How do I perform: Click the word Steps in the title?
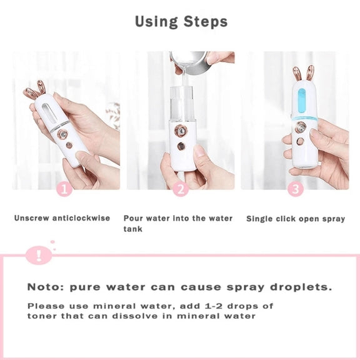[x=206, y=22]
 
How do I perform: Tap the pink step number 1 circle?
[x=64, y=189]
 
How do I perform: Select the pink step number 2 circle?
[x=181, y=189]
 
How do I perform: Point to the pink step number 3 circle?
[x=296, y=189]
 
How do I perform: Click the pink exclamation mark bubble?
[x=39, y=255]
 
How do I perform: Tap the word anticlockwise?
[x=81, y=218]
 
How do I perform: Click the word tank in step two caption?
[x=132, y=229]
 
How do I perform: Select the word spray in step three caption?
[x=334, y=219]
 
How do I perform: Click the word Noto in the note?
[x=46, y=287]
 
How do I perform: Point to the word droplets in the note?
[x=301, y=287]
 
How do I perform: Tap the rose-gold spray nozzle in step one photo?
[x=62, y=133]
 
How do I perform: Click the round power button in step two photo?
[x=181, y=146]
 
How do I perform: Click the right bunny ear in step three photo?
[x=311, y=74]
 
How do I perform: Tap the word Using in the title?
[x=156, y=22]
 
